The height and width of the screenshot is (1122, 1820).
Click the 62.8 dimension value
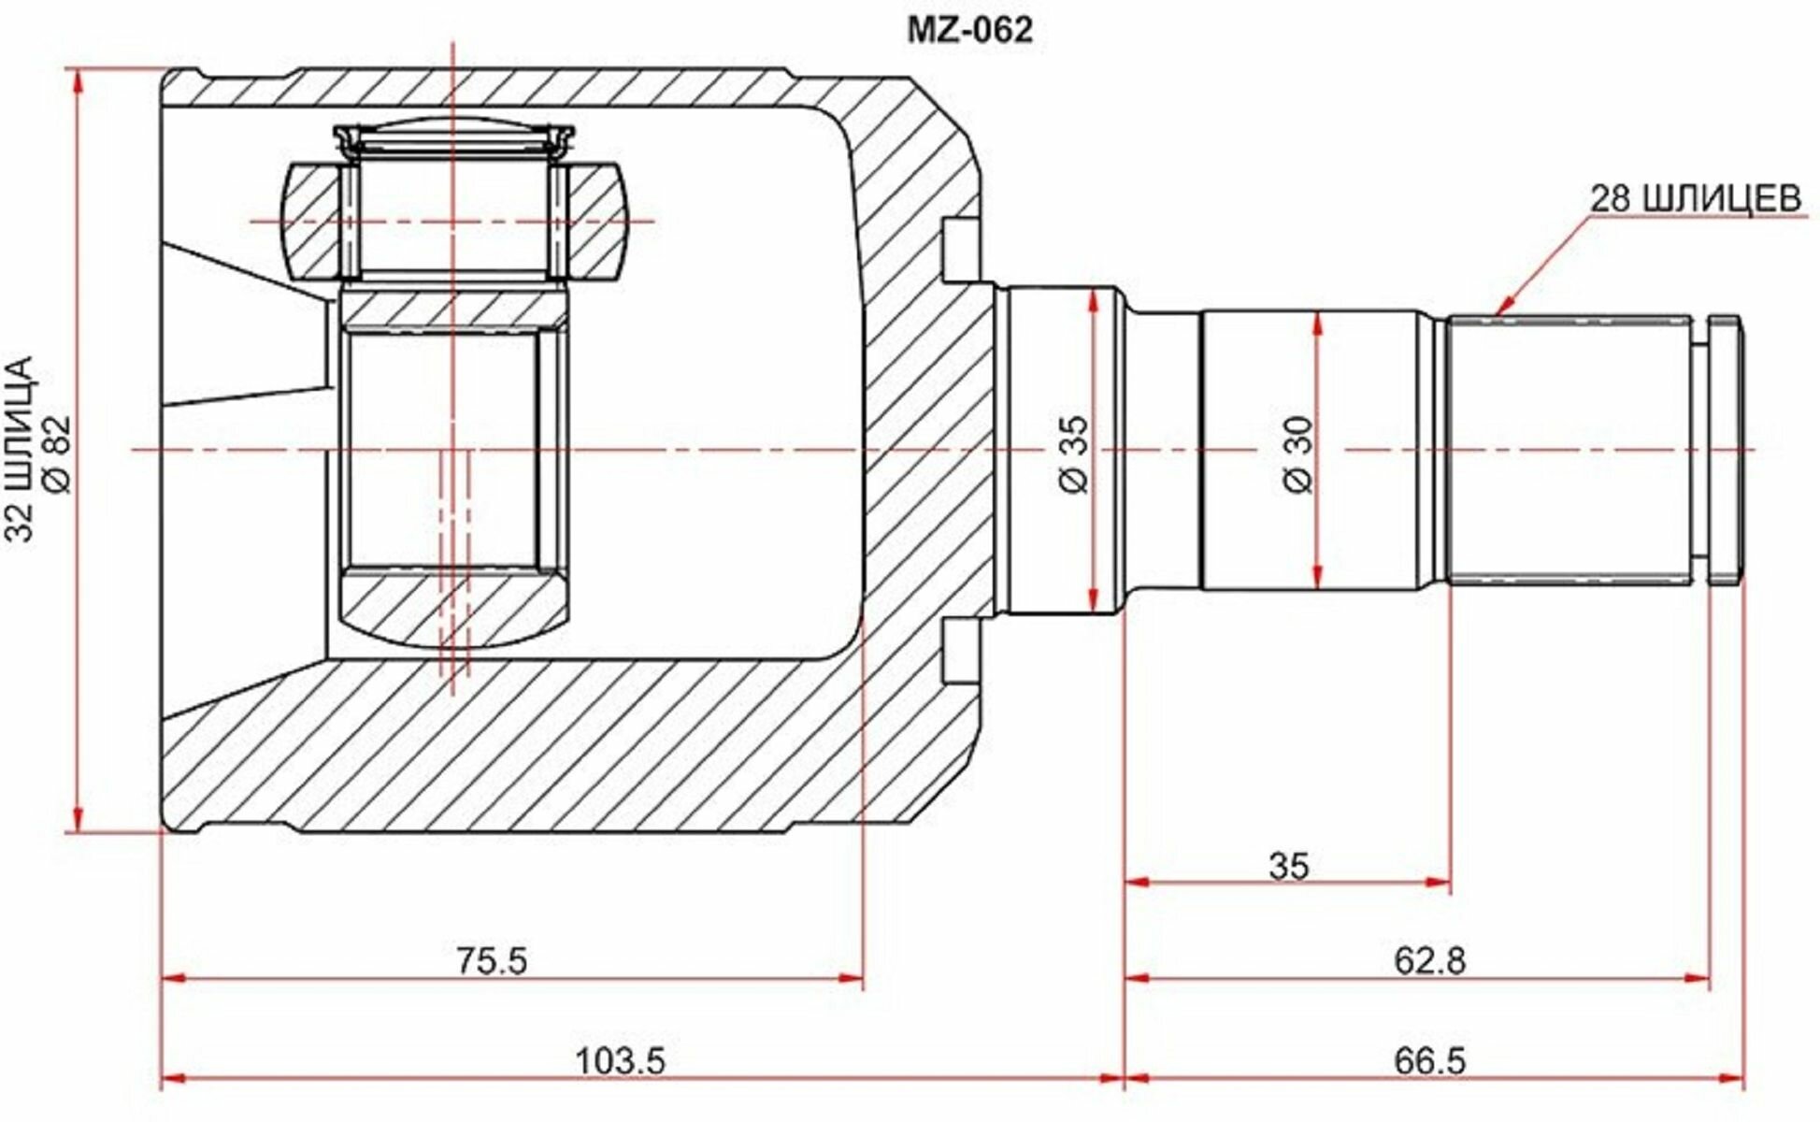coord(1430,961)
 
